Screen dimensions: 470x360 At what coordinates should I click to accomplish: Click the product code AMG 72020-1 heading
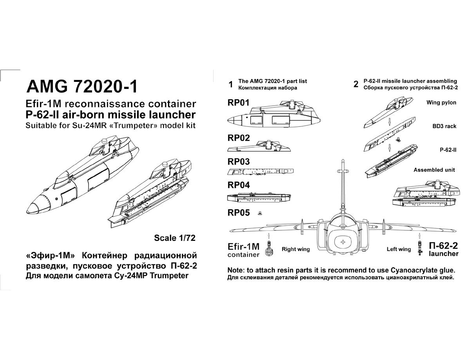(81, 86)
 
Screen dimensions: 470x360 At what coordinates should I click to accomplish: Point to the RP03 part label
(238, 161)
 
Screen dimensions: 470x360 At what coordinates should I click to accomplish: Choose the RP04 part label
(238, 185)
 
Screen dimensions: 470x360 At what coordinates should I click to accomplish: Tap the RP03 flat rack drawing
(260, 171)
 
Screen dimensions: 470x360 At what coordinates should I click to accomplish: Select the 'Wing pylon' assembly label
(441, 103)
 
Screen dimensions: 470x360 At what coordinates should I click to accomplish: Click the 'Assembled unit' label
(434, 170)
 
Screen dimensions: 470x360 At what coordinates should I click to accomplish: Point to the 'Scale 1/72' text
(174, 238)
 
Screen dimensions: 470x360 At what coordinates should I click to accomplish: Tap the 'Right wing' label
(296, 249)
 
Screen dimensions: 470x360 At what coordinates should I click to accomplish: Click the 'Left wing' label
(399, 249)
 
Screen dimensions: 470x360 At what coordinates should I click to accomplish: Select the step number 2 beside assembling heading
(356, 84)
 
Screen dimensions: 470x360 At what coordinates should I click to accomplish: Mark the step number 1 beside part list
(231, 84)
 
